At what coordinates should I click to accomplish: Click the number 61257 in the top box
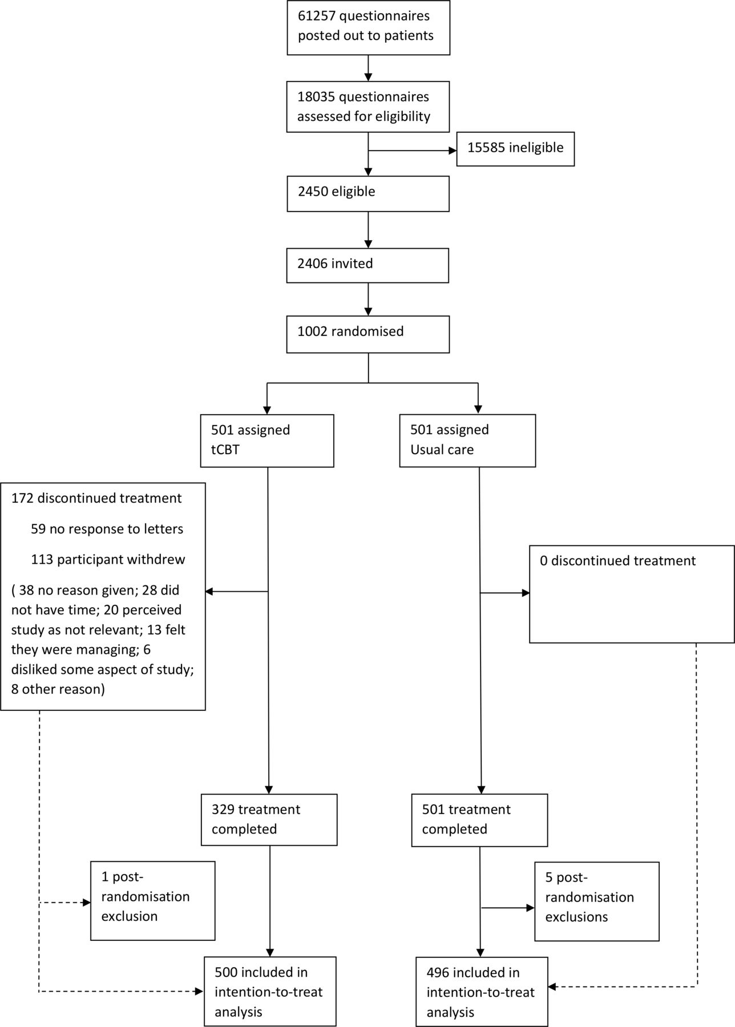point(316,15)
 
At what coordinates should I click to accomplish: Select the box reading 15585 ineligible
point(515,149)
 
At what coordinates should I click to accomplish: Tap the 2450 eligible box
point(368,194)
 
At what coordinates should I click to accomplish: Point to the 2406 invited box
point(367,265)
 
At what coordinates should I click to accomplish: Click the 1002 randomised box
point(368,334)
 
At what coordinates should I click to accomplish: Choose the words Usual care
point(442,450)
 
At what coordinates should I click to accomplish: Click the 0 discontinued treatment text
point(617,561)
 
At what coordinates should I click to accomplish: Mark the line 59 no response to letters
point(107,529)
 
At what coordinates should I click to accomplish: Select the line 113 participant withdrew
point(108,559)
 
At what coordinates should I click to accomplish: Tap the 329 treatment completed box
point(269,820)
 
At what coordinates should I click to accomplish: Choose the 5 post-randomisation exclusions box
point(597,901)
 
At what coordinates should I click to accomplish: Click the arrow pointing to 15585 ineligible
point(413,151)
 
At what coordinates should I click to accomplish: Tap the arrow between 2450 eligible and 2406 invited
point(368,229)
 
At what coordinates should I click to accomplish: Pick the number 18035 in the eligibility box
point(316,97)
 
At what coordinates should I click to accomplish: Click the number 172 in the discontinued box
point(21,498)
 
